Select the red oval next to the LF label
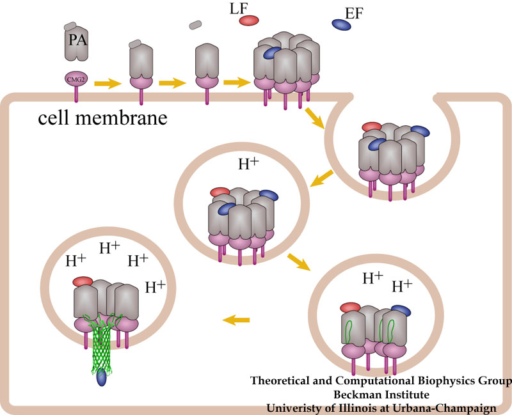point(249,20)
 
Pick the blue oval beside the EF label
point(341,24)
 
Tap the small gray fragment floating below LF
point(196,26)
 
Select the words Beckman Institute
point(381,394)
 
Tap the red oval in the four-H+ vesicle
point(82,281)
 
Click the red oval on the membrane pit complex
point(370,127)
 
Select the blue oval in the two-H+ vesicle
point(400,309)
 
